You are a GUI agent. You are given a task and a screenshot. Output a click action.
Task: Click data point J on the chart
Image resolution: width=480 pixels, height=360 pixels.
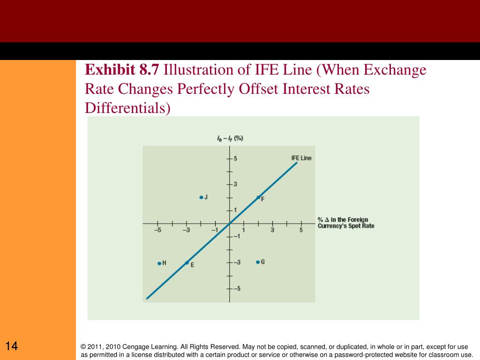[x=201, y=197]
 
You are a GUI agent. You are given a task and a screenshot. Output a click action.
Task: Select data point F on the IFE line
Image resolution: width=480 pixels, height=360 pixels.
[x=258, y=197]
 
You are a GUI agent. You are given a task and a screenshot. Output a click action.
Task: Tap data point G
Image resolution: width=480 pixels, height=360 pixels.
[x=258, y=262]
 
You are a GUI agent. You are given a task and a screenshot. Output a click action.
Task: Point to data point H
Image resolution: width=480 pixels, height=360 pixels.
[x=159, y=263]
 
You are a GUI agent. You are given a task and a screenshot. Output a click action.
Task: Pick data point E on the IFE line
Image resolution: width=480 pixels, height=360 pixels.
[x=187, y=263]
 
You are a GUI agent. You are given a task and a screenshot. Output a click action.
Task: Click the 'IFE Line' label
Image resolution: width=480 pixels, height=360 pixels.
[x=301, y=158]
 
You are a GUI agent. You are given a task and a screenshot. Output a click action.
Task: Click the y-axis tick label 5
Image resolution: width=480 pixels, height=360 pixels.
[x=235, y=158]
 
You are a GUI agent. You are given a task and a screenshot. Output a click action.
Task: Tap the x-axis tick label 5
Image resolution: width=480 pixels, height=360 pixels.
[x=301, y=230]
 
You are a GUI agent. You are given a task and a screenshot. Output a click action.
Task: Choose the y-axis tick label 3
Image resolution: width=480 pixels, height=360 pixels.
[x=235, y=184]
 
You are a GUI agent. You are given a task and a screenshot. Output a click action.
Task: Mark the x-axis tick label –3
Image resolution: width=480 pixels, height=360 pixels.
[x=186, y=230]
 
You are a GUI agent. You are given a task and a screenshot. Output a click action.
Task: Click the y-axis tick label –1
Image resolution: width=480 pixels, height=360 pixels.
[x=236, y=236]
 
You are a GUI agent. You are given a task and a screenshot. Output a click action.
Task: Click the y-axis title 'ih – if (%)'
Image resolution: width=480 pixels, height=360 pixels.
[x=230, y=139]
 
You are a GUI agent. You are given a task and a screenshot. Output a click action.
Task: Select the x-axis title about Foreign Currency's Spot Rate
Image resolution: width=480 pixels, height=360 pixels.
[x=345, y=223]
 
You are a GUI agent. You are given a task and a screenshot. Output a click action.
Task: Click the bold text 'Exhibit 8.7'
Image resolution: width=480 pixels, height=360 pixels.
[x=122, y=70]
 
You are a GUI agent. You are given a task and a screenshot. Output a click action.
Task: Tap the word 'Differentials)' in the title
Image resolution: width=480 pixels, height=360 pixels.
[x=128, y=108]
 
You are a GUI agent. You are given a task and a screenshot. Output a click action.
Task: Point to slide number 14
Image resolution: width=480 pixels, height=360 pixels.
[x=12, y=347]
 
